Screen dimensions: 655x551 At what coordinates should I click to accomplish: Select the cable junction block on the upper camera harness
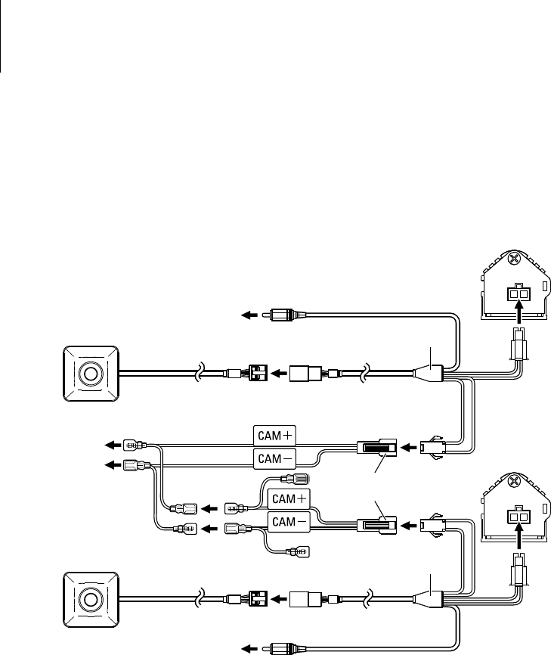(x=429, y=372)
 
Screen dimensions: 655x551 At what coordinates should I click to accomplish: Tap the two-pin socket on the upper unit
(x=518, y=291)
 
